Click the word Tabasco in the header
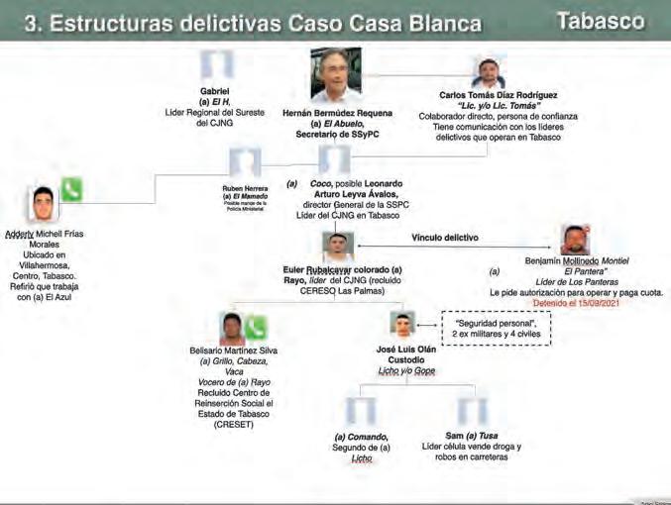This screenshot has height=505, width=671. tap(601, 21)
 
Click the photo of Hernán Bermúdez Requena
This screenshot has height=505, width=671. tap(335, 75)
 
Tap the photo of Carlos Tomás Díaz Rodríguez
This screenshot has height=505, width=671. tap(488, 73)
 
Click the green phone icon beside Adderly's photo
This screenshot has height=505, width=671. tap(71, 189)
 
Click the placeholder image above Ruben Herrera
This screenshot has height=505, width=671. tap(245, 161)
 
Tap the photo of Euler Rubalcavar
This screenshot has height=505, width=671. tap(338, 247)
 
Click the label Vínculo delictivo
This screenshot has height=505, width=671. tap(445, 238)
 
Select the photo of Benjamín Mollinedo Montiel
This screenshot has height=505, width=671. tap(575, 241)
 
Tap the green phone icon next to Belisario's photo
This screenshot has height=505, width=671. tap(257, 328)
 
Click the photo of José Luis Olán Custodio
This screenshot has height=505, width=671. tap(401, 325)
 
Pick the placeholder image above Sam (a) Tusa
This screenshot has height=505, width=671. tap(472, 412)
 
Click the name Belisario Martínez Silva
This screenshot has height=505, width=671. tap(233, 351)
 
